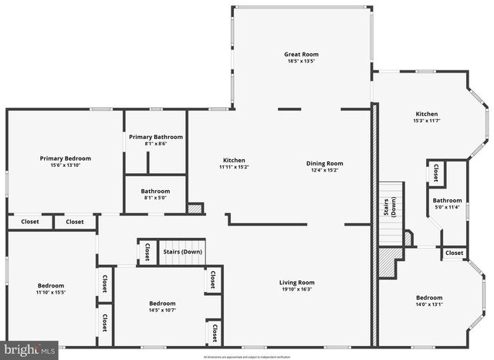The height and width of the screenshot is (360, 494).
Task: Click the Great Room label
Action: [301, 54]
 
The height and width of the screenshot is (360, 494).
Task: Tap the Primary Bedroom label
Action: [66, 158]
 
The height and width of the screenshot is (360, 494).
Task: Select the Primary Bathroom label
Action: [156, 137]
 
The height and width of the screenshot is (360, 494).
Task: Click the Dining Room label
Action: [324, 163]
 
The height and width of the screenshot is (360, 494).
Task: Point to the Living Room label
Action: [297, 282]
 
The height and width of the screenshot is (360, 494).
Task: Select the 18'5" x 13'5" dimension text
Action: [301, 61]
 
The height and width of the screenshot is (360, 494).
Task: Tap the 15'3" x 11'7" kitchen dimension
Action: [426, 121]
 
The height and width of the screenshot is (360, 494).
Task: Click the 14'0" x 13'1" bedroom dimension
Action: [429, 304]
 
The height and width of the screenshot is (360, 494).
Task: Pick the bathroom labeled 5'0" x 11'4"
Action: [447, 203]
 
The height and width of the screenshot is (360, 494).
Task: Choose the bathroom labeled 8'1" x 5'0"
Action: [155, 194]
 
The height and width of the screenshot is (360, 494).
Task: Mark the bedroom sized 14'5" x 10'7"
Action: [162, 307]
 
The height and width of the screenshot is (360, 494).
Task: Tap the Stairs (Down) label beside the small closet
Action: [182, 252]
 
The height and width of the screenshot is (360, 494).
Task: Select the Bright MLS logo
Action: [29, 350]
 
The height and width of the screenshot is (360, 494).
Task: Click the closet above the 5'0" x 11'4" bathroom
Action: [436, 173]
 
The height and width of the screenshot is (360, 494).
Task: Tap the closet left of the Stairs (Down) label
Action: [147, 252]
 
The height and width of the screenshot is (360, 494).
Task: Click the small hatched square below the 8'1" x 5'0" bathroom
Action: [195, 208]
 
